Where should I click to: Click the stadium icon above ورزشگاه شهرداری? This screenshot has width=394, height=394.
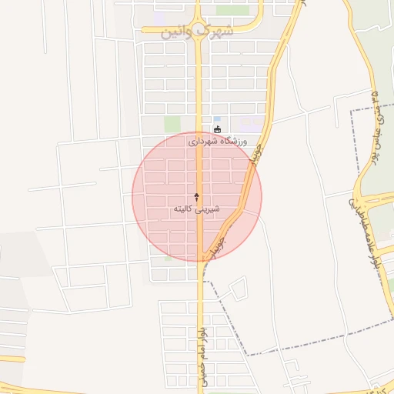click(217, 129)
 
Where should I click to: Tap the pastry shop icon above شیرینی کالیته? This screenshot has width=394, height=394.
click(197, 197)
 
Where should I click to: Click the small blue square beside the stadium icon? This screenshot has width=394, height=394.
click(217, 119)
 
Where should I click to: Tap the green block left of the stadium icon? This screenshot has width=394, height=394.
click(172, 124)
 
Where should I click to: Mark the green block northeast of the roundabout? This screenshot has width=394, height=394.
click(226, 11)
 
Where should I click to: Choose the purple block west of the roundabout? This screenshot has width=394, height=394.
click(159, 16)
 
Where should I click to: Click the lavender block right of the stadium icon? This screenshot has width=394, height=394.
click(249, 122)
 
